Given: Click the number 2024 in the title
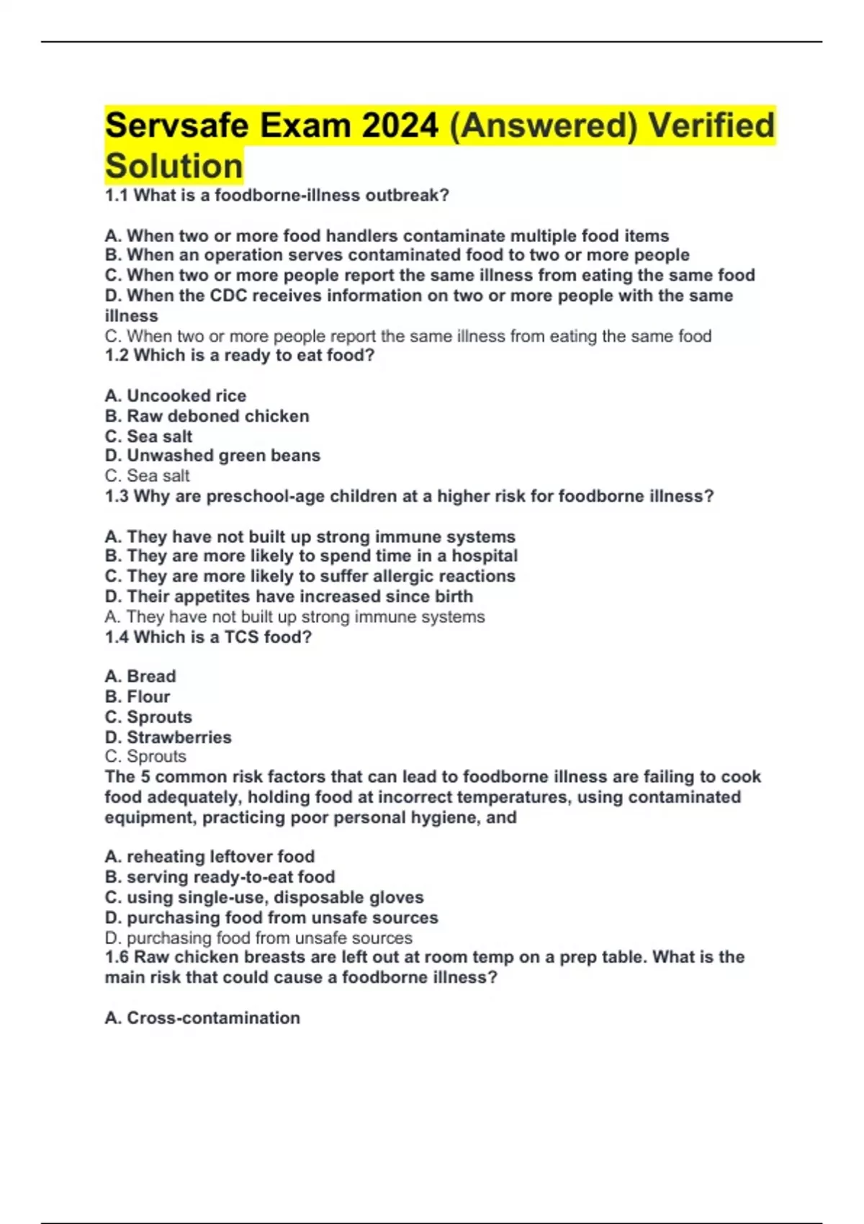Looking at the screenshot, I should pyautogui.click(x=400, y=126).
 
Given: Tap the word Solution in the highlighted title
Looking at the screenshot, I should pyautogui.click(x=174, y=166).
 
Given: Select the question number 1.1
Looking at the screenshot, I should pyautogui.click(x=117, y=196).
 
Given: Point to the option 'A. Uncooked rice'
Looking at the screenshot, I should pyautogui.click(x=175, y=396).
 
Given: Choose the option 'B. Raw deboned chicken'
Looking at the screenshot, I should pyautogui.click(x=207, y=416).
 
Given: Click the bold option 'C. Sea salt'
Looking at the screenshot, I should pyautogui.click(x=148, y=436).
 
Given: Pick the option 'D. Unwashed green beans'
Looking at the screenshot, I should pyautogui.click(x=212, y=456).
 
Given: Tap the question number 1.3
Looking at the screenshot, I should pyautogui.click(x=117, y=497).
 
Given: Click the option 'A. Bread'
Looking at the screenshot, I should pyautogui.click(x=140, y=676).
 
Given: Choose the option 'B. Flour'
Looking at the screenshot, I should pyautogui.click(x=138, y=697).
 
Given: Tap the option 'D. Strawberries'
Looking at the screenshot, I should pyautogui.click(x=168, y=737).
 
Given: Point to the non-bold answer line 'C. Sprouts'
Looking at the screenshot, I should pyautogui.click(x=145, y=757).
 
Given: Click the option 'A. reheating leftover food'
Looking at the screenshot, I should pyautogui.click(x=210, y=857).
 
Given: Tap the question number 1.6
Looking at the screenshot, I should pyautogui.click(x=117, y=958).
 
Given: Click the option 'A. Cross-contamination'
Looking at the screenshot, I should pyautogui.click(x=202, y=1018).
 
